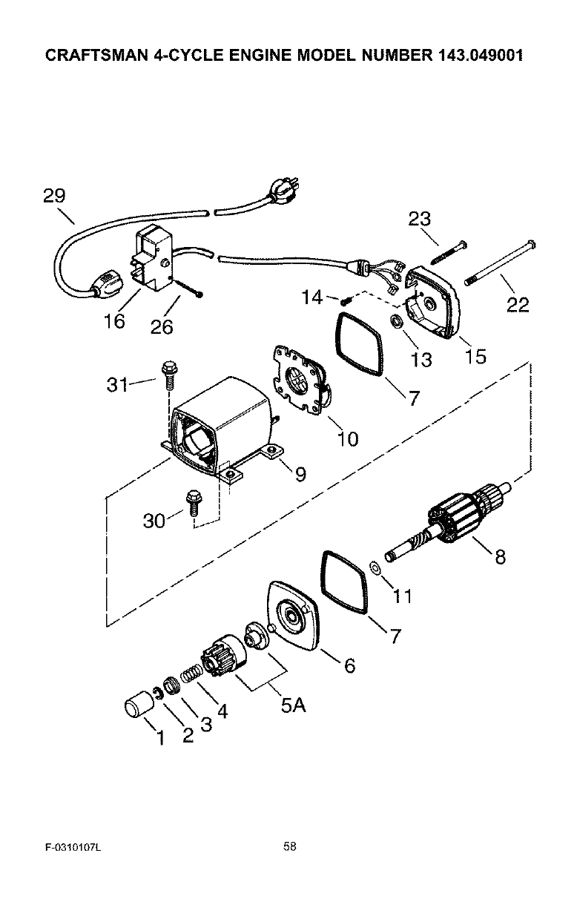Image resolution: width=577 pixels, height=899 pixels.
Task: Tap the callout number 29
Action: pos(53,196)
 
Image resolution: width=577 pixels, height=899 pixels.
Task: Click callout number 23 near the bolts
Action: pos(420,219)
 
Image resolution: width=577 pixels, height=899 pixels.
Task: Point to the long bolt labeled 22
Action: pos(498,264)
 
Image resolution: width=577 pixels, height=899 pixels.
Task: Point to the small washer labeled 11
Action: pos(375,568)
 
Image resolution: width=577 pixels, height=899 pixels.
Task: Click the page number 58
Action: pos(289,846)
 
